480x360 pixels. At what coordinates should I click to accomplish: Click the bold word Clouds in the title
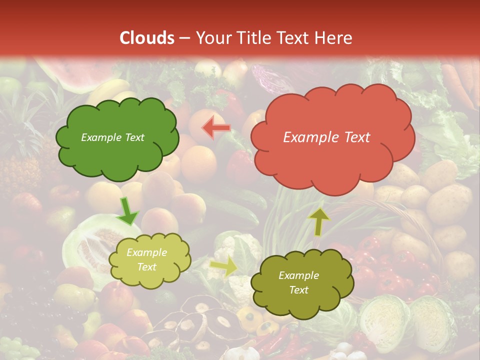(x=147, y=37)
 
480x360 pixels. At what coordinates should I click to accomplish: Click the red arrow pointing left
(x=215, y=128)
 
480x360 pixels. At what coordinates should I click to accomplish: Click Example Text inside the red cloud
(x=326, y=137)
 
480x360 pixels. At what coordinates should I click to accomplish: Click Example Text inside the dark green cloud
(x=112, y=137)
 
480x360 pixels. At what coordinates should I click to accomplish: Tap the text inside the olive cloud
(x=298, y=282)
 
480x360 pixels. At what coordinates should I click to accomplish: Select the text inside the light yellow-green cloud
(x=146, y=260)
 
